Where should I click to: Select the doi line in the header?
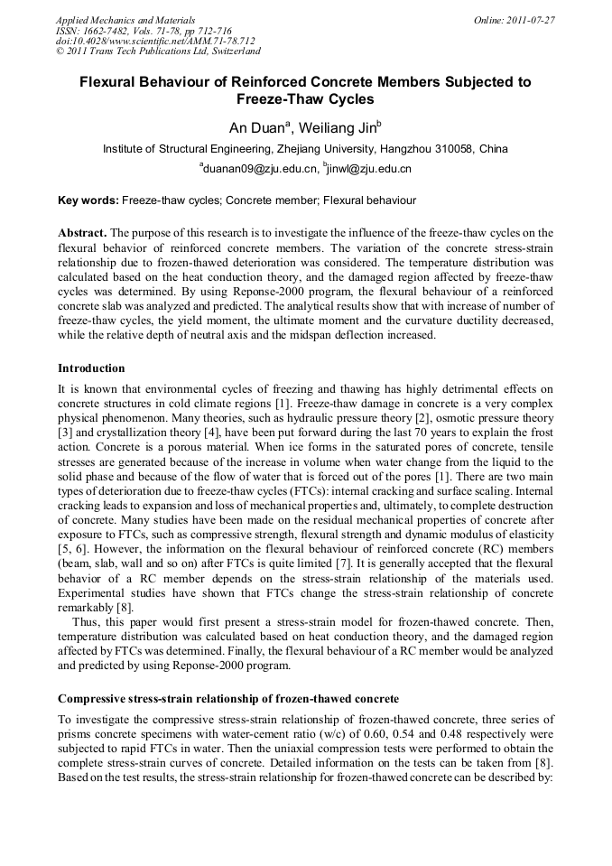[155, 41]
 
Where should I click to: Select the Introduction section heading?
[91, 368]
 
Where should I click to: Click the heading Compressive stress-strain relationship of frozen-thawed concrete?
[227, 700]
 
